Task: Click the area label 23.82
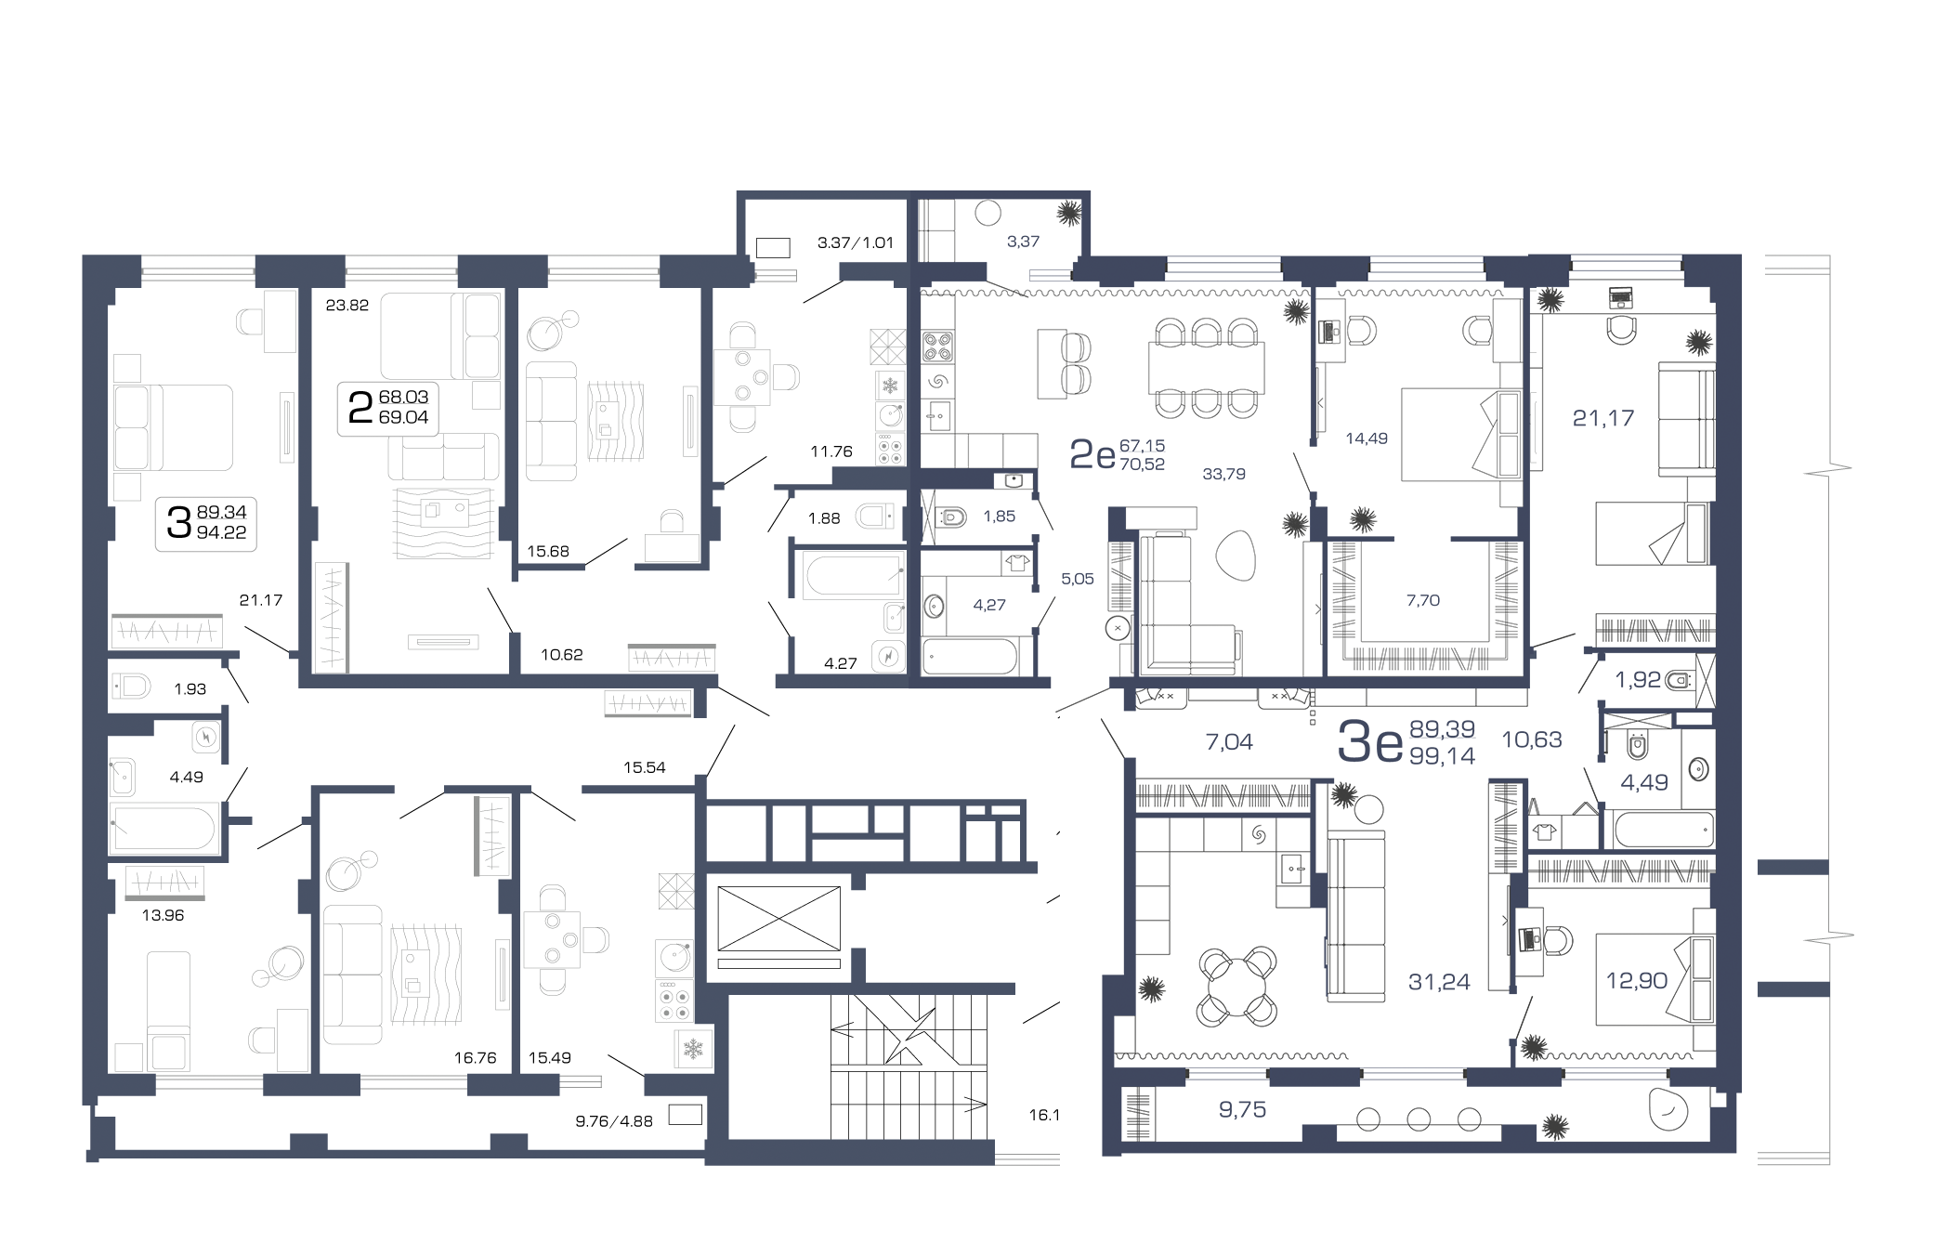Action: tap(347, 305)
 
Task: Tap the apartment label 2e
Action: tap(1092, 454)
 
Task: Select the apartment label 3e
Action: tap(1369, 742)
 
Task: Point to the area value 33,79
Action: tap(1223, 474)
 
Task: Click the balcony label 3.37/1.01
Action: tap(855, 242)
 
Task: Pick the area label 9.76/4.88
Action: tap(614, 1121)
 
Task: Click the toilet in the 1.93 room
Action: tap(132, 687)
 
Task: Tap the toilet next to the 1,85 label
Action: tap(951, 517)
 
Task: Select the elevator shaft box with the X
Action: tap(778, 918)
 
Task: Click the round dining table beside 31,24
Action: tap(1236, 986)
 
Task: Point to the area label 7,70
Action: tap(1422, 600)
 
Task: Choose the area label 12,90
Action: tap(1637, 980)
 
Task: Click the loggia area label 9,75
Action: tap(1242, 1109)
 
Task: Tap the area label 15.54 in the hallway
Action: tap(644, 767)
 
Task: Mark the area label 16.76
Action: tap(475, 1057)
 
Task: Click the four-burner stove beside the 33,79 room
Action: tap(937, 347)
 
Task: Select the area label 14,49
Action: tap(1367, 438)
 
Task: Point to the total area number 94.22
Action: tap(221, 532)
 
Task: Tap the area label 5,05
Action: tap(1078, 579)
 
